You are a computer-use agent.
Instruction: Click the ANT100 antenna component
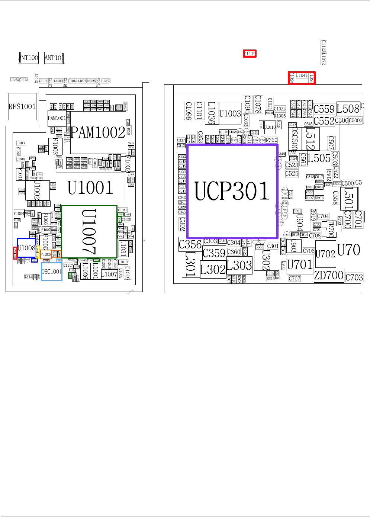[28, 58]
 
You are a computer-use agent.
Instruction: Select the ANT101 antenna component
[54, 58]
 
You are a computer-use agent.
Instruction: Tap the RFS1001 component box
[22, 107]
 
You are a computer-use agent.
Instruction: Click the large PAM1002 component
[98, 132]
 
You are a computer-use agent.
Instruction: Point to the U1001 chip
[90, 188]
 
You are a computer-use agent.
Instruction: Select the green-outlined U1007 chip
[89, 231]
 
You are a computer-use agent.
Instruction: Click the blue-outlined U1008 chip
[26, 248]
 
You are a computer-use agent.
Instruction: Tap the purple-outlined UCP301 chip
[232, 191]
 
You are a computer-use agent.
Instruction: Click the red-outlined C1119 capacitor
[250, 54]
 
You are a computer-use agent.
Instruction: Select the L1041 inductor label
[302, 76]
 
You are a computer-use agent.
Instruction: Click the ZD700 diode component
[329, 276]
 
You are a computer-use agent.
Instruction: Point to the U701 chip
[300, 265]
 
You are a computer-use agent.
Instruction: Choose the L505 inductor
[319, 158]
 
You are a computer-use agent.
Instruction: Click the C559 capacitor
[324, 109]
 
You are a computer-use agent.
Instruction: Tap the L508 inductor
[348, 109]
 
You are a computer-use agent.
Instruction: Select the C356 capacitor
[190, 245]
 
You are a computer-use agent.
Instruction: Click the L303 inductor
[239, 266]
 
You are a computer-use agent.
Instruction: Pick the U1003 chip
[230, 113]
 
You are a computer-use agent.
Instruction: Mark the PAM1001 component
[57, 118]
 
